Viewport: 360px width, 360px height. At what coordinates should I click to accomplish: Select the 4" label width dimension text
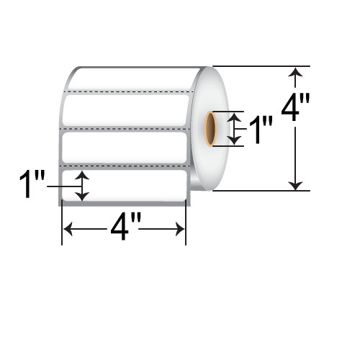(x=124, y=230)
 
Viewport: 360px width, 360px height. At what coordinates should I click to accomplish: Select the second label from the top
(x=127, y=110)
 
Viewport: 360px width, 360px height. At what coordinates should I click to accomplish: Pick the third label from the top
(x=127, y=147)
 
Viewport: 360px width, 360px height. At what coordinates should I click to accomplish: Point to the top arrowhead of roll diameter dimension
(x=296, y=71)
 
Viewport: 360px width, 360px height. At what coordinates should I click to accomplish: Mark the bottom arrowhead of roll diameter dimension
(x=296, y=185)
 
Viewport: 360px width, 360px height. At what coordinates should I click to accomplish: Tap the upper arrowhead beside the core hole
(x=232, y=117)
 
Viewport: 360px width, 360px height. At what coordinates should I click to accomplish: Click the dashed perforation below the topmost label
(x=127, y=92)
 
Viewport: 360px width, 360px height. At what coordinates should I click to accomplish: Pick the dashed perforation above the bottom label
(x=127, y=166)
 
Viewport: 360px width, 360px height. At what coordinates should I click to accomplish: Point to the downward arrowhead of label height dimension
(x=84, y=195)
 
